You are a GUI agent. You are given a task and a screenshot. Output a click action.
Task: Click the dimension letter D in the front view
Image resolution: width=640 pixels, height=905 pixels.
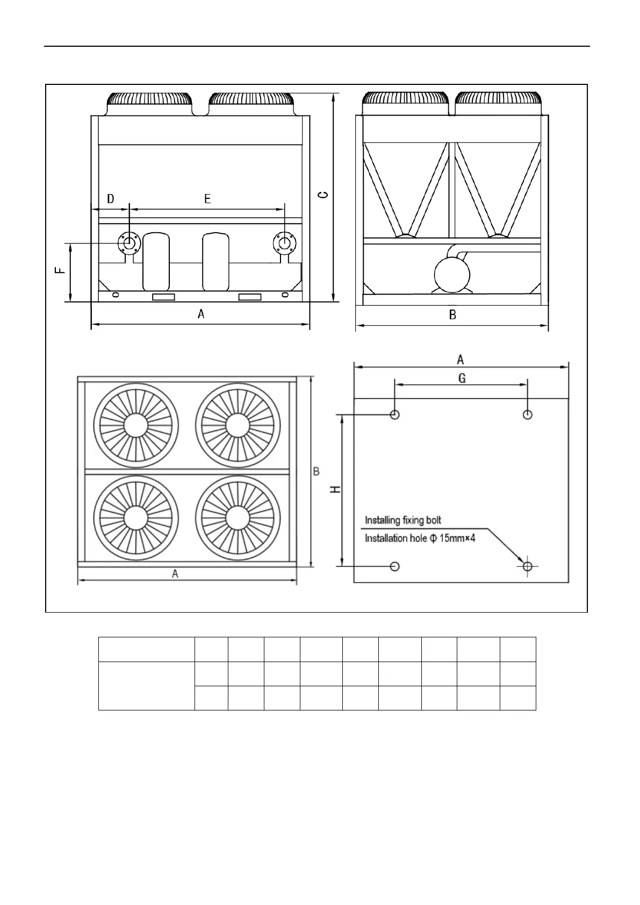111,199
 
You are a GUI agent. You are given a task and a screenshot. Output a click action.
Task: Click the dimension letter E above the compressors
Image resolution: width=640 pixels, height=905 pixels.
207,199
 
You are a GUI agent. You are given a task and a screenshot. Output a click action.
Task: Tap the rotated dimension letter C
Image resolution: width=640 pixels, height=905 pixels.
322,194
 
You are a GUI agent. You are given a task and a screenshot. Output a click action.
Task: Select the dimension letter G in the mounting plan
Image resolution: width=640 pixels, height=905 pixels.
462,378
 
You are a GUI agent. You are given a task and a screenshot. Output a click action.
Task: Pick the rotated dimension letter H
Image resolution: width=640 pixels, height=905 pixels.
335,490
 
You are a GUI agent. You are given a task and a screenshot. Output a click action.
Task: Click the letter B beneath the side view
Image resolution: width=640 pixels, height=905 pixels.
452,315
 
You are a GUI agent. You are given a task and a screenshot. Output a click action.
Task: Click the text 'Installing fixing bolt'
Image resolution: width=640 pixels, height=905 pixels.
403,520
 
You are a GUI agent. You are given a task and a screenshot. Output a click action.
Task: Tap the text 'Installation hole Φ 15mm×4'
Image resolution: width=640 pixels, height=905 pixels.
420,538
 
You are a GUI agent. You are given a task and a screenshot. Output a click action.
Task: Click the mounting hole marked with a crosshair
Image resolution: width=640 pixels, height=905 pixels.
527,566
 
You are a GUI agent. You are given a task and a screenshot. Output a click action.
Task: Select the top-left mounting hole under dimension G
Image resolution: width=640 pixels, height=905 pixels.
395,414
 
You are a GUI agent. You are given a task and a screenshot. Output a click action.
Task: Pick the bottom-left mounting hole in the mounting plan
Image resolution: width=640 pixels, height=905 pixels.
395,566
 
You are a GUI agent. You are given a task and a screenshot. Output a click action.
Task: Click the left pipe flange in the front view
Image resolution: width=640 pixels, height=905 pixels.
129,243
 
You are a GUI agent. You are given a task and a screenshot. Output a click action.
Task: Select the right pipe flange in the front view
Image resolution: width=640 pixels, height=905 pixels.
285,243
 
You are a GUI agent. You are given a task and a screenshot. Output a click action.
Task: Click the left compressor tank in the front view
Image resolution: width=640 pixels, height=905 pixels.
156,262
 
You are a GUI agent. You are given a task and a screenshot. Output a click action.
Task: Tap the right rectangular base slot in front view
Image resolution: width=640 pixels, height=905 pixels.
249,297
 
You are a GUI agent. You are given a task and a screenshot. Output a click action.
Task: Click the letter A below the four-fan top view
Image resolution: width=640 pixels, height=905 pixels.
175,574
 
